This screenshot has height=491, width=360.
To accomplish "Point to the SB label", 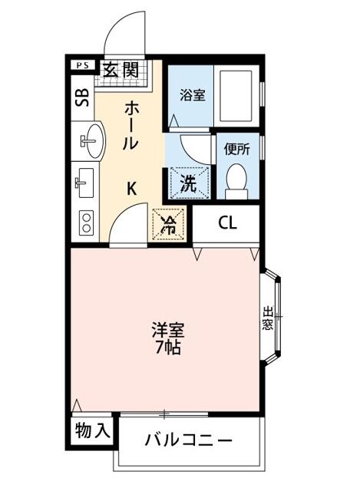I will [x=81, y=97].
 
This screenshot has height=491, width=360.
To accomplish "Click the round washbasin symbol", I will [x=91, y=140].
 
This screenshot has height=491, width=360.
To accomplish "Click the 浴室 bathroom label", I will [x=192, y=96].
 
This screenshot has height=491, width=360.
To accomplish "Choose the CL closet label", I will [x=228, y=224].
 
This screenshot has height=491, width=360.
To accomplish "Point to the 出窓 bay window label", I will [x=268, y=317].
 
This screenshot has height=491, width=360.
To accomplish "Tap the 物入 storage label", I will [x=92, y=431].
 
